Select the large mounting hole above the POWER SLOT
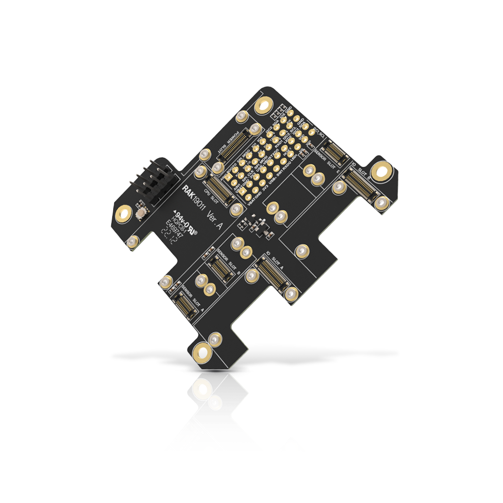coord(263,106)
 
